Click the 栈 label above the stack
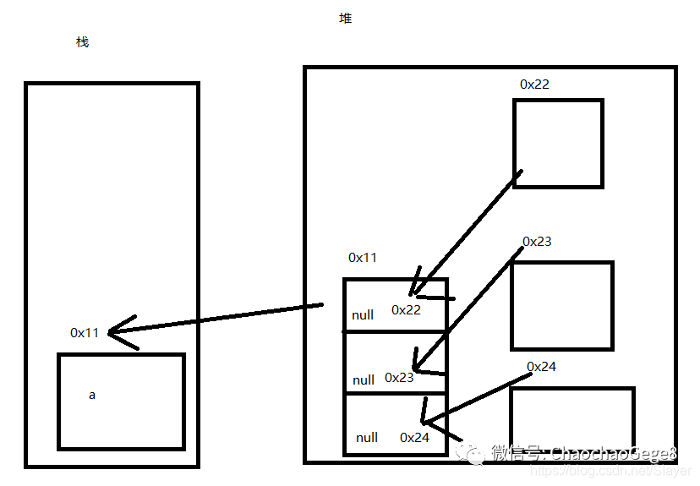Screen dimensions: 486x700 [82, 42]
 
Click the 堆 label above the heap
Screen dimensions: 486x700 [345, 18]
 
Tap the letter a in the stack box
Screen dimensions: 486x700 [92, 395]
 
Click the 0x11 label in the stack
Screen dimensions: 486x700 [85, 333]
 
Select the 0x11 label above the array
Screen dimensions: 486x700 [363, 258]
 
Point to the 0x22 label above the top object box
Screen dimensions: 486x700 [534, 85]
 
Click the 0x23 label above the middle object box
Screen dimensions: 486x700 [537, 242]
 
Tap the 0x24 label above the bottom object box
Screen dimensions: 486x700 [541, 367]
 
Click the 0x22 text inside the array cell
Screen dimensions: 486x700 [406, 310]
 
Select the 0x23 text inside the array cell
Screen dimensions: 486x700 [399, 378]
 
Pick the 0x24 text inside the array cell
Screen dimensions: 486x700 [414, 438]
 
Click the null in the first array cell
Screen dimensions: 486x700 [363, 315]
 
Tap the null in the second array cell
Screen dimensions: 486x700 [364, 380]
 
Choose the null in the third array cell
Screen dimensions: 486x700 [367, 438]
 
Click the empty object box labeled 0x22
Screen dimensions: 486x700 [558, 143]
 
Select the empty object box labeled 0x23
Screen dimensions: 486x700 [561, 305]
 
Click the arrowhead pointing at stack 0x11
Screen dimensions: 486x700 [118, 330]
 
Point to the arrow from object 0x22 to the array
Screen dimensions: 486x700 [465, 228]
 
